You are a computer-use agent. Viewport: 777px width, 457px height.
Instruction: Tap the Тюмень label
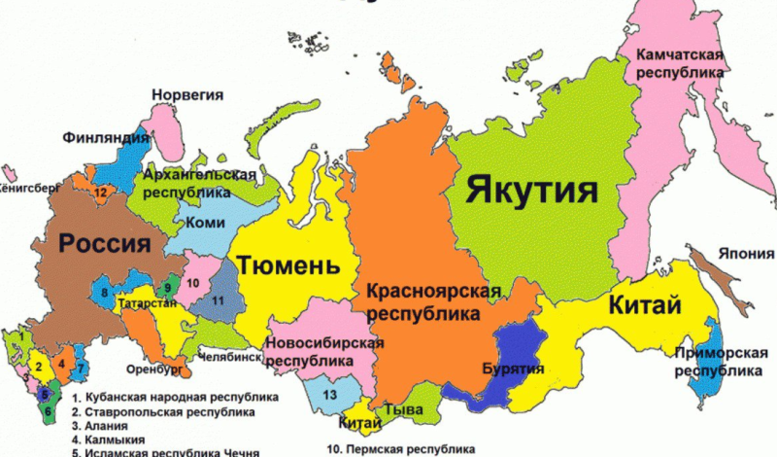click(x=288, y=264)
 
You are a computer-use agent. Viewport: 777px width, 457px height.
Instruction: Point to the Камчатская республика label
click(x=680, y=62)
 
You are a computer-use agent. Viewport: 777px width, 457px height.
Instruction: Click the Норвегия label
click(x=187, y=95)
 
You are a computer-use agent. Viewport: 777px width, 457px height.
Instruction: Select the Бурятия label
click(x=512, y=369)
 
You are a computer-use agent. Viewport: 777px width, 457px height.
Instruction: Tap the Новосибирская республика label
click(x=324, y=352)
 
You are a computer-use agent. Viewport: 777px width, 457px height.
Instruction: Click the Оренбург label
click(x=154, y=369)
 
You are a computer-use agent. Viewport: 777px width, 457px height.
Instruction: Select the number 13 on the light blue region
click(x=330, y=394)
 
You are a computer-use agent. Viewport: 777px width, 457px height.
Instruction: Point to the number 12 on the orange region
click(x=100, y=193)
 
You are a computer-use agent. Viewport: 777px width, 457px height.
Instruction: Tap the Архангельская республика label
click(x=199, y=184)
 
